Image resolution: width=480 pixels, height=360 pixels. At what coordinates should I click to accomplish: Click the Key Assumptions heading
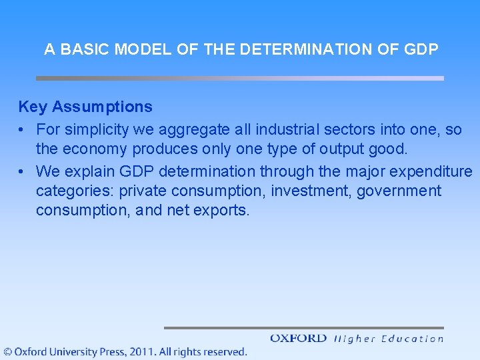point(85,107)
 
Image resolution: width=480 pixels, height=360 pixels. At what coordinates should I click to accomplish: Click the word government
point(399,191)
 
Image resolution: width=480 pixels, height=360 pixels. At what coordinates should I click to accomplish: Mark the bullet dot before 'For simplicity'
point(23,129)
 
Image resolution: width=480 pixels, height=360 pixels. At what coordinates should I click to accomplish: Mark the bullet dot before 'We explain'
point(23,171)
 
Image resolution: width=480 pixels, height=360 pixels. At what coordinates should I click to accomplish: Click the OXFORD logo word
point(298,339)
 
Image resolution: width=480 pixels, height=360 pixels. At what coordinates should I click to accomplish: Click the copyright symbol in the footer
point(7,351)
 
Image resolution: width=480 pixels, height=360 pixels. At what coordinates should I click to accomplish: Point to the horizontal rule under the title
point(239,78)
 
